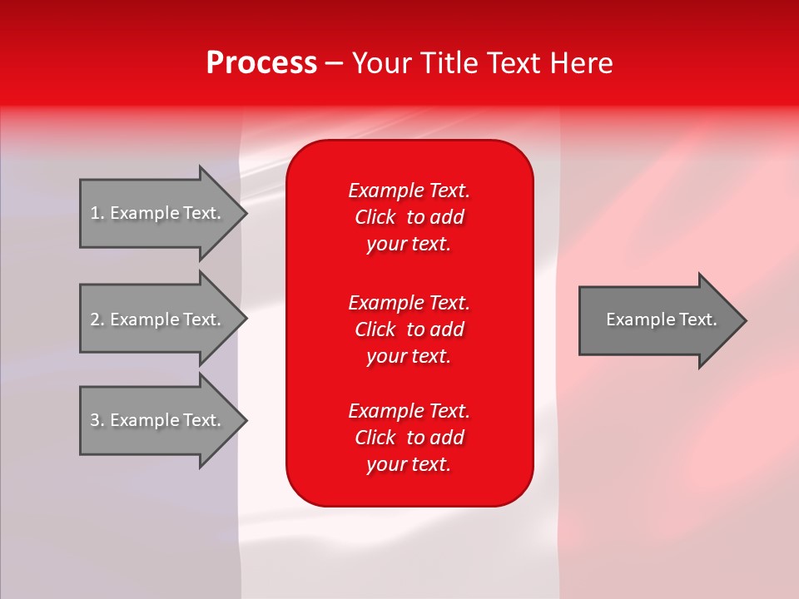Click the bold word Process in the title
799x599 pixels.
click(x=261, y=63)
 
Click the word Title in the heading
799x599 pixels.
click(x=449, y=63)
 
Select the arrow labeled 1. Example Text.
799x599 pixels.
click(x=158, y=213)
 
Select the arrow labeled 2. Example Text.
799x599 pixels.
click(x=158, y=319)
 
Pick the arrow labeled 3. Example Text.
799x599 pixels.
click(x=158, y=420)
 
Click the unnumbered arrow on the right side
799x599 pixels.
click(x=658, y=320)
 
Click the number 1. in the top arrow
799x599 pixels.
click(x=97, y=213)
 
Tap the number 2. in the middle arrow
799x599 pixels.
click(x=97, y=319)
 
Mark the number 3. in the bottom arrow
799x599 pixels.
click(x=97, y=420)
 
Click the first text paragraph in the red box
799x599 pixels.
click(x=409, y=217)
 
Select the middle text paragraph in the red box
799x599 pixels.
click(x=409, y=329)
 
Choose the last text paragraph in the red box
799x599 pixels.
click(x=409, y=438)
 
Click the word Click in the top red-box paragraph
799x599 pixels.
click(x=375, y=217)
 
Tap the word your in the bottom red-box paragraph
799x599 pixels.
click(x=385, y=465)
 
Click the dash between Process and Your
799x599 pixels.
click(x=335, y=64)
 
